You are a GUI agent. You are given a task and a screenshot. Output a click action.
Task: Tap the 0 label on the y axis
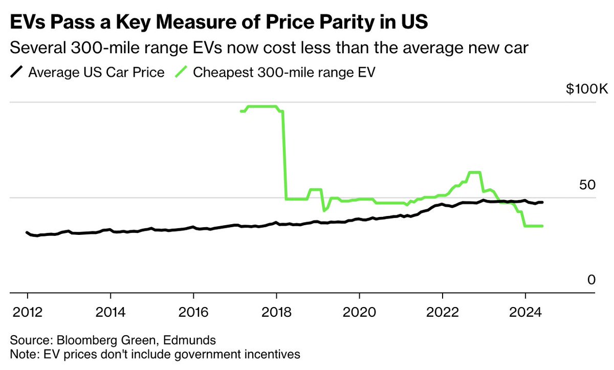tap(591, 279)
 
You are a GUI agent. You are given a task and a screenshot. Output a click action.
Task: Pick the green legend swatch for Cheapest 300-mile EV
tap(181, 72)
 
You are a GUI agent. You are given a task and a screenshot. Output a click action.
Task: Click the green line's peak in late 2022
tap(475, 172)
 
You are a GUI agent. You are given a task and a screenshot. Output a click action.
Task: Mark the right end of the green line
tap(542, 226)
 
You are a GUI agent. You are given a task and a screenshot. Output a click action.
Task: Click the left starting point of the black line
tap(27, 232)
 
